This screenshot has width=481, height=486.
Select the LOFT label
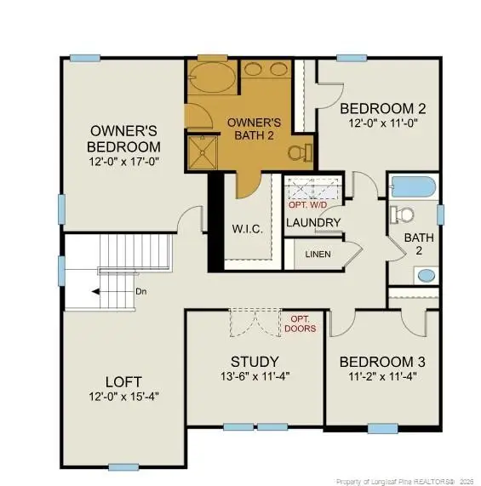[x=123, y=381]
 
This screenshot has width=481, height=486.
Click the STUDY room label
[x=255, y=361]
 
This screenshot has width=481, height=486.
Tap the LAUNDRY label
[x=313, y=223]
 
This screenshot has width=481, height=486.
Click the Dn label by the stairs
[x=141, y=291]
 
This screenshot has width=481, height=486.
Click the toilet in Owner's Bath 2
[x=298, y=153]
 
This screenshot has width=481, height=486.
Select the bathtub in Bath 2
[x=412, y=186]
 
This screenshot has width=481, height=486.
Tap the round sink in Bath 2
[x=425, y=275]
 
